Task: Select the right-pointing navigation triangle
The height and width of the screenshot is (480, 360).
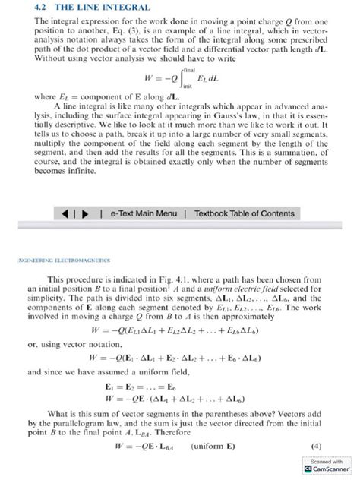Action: pyautogui.click(x=86, y=213)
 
